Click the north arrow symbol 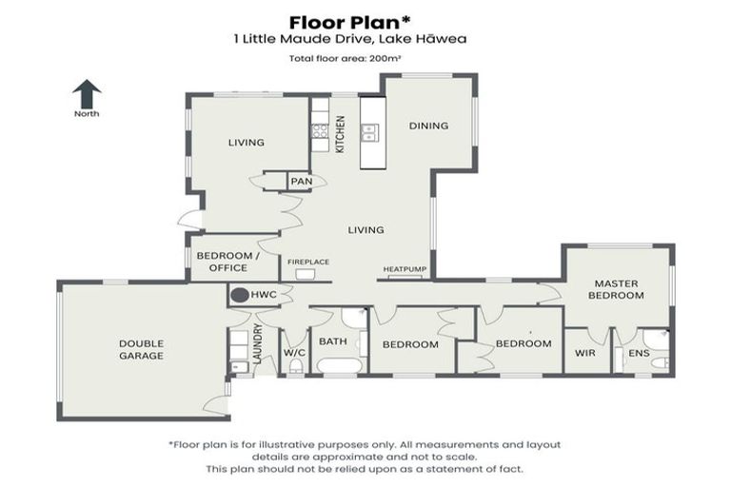click(87, 94)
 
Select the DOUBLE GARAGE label click(142, 349)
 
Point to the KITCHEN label click(340, 134)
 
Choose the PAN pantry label click(301, 181)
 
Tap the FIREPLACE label click(307, 262)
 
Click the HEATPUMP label click(404, 270)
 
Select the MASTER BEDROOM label click(618, 289)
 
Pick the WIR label click(584, 353)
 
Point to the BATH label click(333, 341)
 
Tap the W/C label click(293, 353)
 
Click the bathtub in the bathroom click(338, 366)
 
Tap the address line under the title click(365, 40)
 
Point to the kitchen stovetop click(320, 130)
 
